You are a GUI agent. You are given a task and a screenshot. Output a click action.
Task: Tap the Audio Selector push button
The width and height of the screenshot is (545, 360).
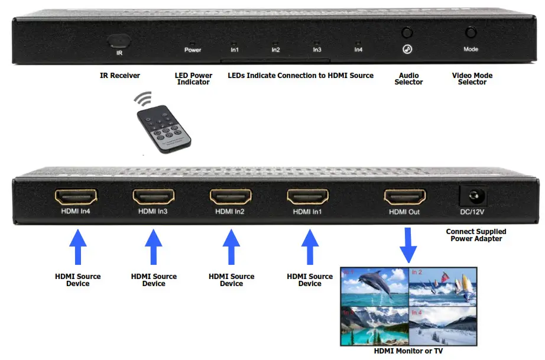pos(407,33)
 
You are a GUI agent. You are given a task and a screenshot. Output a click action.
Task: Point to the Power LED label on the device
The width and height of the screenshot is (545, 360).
pos(193,50)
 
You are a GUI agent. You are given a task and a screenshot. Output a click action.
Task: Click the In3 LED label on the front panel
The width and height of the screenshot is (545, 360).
pos(317,50)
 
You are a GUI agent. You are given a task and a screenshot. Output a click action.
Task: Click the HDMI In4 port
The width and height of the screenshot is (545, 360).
pos(76,197)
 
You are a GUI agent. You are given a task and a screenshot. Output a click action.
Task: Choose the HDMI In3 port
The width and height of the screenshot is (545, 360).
pos(154,197)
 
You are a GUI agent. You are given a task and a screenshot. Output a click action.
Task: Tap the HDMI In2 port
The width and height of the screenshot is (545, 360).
pos(231,197)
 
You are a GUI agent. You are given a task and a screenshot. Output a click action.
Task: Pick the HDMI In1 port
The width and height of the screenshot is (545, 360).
pos(309,197)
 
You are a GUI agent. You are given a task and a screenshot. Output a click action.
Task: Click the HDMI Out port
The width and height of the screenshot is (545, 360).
pos(405,197)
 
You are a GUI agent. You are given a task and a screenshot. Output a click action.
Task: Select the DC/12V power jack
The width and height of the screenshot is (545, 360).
pos(473,196)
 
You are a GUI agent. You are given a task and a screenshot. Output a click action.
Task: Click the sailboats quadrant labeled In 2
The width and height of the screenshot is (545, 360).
pos(443,287)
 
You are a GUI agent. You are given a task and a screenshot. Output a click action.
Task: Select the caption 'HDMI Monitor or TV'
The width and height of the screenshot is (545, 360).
pos(408,351)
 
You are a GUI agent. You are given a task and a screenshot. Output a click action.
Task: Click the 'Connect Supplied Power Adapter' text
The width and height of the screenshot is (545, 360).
pos(476,235)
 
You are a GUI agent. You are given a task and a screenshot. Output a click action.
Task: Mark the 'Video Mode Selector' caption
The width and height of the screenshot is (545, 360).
pos(472,79)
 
